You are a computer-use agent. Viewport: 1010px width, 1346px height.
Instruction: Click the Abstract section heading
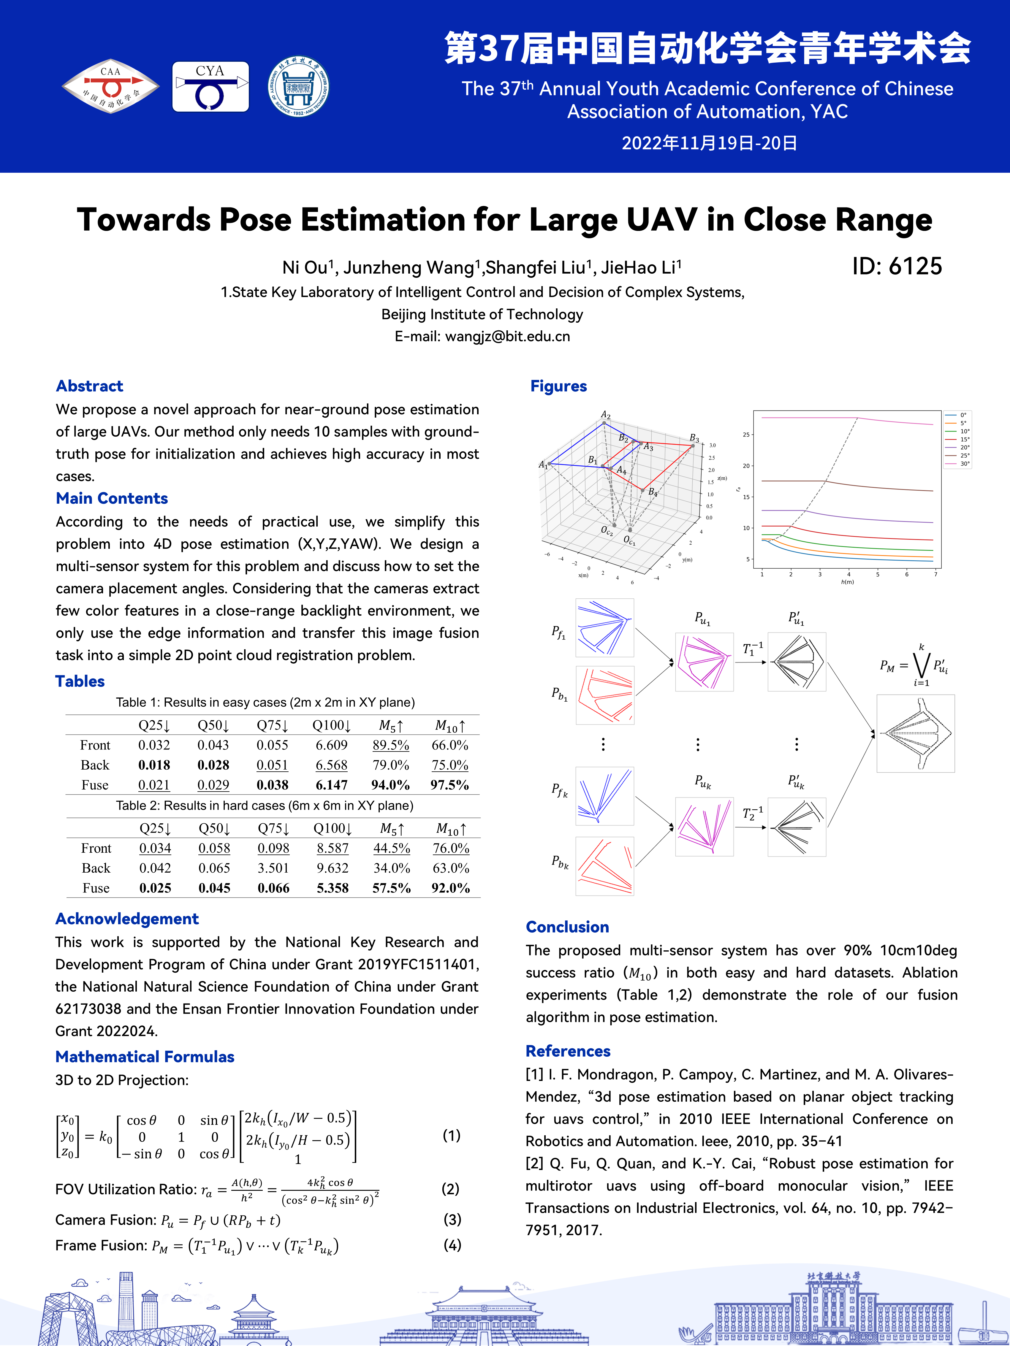click(89, 386)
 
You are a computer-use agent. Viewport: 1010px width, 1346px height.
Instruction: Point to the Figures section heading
click(558, 386)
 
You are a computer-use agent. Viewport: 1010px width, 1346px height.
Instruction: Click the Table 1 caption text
click(265, 702)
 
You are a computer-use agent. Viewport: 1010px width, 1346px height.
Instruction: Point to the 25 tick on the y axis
click(746, 435)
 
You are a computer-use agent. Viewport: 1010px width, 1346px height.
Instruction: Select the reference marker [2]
click(534, 1163)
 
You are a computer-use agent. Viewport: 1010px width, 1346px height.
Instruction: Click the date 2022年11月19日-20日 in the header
click(709, 143)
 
